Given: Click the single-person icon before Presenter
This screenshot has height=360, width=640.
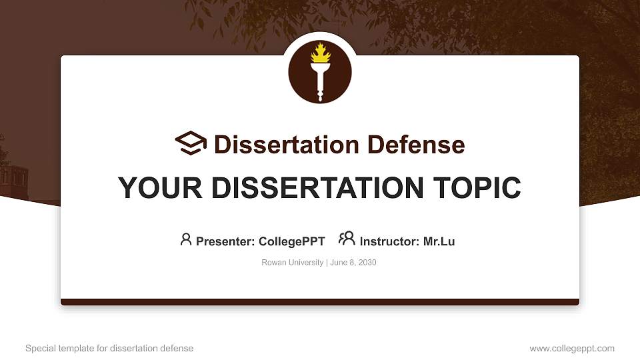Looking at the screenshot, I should [x=186, y=239].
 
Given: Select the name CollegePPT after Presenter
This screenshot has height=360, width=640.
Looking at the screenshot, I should [x=291, y=241].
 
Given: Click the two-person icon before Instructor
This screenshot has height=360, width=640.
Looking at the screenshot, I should [x=347, y=239].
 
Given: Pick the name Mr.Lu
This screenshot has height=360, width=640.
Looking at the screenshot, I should [x=439, y=241].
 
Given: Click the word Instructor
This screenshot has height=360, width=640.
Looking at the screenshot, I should [x=390, y=241].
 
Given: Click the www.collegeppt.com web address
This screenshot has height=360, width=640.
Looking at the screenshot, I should [x=572, y=348].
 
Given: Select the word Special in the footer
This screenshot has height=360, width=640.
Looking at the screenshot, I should [x=39, y=348].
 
